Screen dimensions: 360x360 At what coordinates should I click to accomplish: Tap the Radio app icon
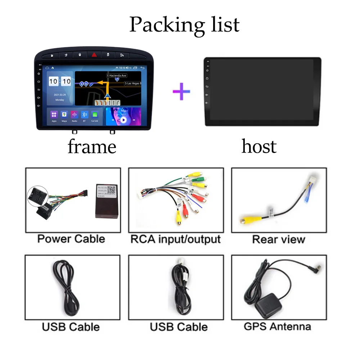pyautogui.click(x=75, y=114)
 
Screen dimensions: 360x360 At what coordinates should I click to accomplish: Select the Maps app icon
pyautogui.click(x=64, y=114)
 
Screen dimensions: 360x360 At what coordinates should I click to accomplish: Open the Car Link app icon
pyautogui.click(x=95, y=114)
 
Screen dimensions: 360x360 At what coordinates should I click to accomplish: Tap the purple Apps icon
pyautogui.click(x=54, y=114)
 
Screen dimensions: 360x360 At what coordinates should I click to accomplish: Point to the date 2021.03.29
pyautogui.click(x=60, y=95)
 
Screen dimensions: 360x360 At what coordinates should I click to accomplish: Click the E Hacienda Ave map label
pyautogui.click(x=117, y=76)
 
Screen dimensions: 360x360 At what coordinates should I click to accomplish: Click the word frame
pyautogui.click(x=92, y=146)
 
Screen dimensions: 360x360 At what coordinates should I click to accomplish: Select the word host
pyautogui.click(x=259, y=146)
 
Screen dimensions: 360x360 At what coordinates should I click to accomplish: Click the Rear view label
pyautogui.click(x=278, y=239)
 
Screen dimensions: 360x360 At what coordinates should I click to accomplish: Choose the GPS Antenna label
pyautogui.click(x=277, y=327)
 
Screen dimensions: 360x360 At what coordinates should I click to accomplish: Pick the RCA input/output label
pyautogui.click(x=175, y=239)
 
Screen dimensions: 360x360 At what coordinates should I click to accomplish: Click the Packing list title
pyautogui.click(x=184, y=24)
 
